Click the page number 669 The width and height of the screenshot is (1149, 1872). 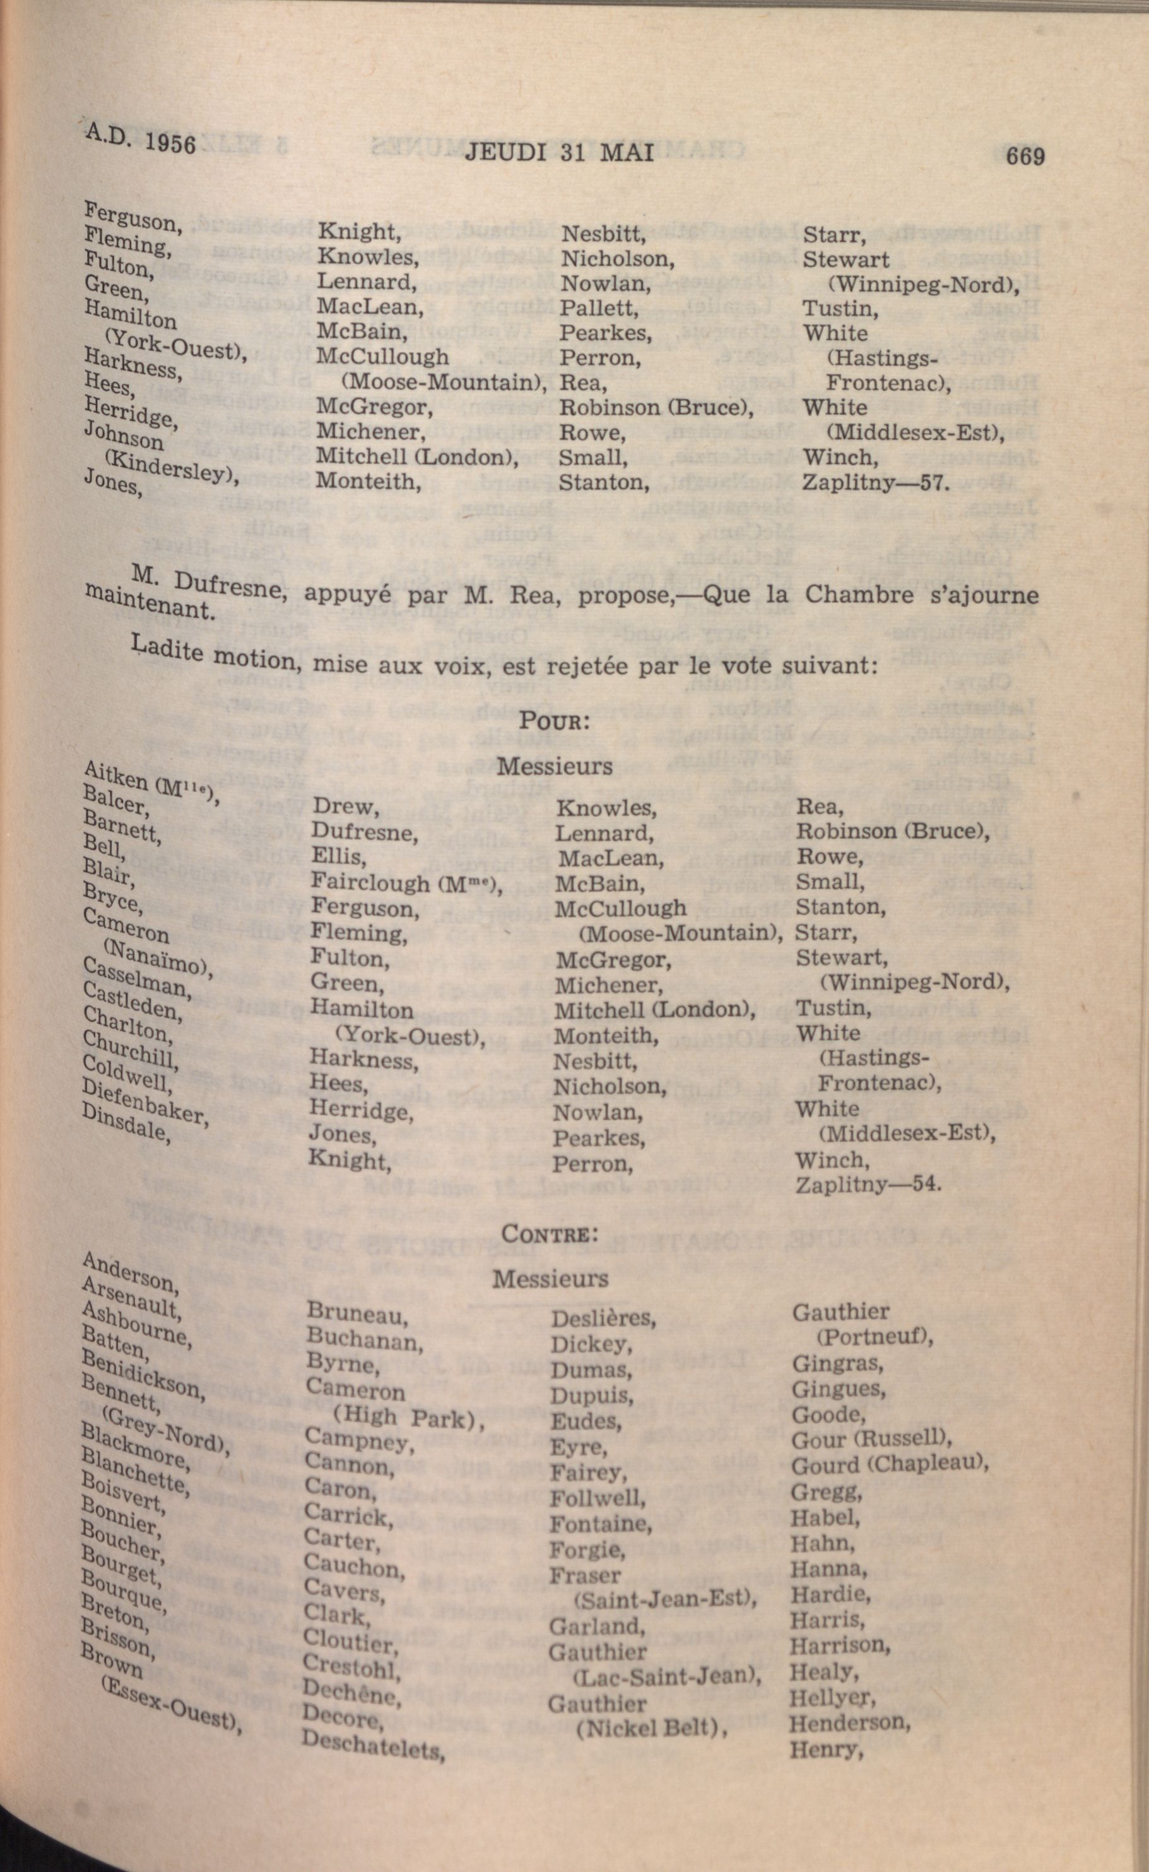(x=1024, y=156)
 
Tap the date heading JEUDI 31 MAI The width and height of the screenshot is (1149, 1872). (x=558, y=153)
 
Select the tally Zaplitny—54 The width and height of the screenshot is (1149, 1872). (x=868, y=1185)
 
